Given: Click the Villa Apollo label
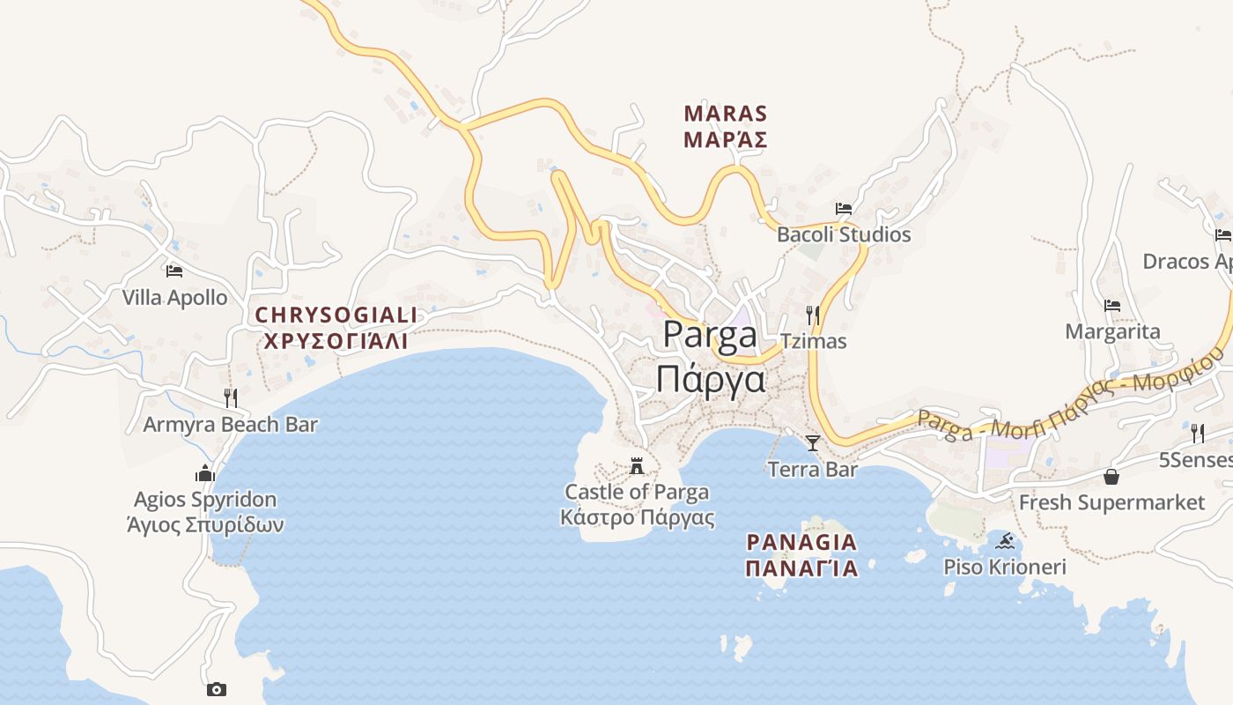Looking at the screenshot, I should [174, 298].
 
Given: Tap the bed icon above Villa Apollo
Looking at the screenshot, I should [174, 271].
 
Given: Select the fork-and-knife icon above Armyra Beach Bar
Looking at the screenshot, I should [231, 397].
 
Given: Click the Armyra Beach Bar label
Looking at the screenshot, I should [231, 425].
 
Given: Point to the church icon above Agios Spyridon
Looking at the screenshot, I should [205, 473].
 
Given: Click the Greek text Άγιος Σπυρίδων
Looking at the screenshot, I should [205, 525].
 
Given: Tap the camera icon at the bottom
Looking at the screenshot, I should [217, 689].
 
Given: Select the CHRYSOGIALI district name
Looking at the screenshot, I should [336, 315].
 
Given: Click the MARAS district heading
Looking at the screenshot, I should [726, 115].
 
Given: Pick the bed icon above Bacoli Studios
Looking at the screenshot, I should [844, 209].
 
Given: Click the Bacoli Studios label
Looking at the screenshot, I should [844, 235].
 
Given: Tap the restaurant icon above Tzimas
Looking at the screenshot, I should [813, 315].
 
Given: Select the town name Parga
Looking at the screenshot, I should [710, 336].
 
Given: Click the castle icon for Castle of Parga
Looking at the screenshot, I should [637, 465].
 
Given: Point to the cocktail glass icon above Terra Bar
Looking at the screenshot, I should [813, 442].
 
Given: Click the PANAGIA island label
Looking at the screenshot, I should [801, 542].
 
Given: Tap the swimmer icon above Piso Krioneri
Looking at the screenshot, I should [1005, 540].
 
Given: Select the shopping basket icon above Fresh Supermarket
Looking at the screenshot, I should [1111, 477].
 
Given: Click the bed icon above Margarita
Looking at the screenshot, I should [1112, 306].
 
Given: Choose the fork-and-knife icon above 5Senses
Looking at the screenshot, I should [1198, 433].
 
